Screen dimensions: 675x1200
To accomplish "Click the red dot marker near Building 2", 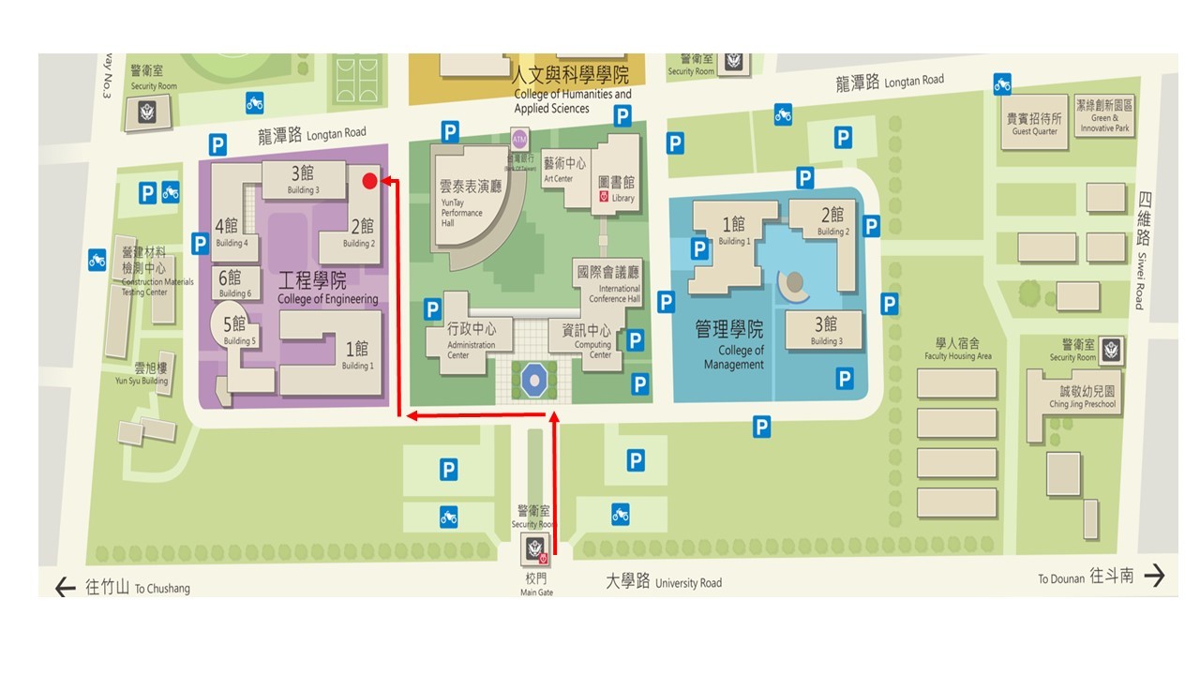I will click(369, 181).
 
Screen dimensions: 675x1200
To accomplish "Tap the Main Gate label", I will click(536, 585).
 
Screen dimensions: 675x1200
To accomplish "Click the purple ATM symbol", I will click(519, 139).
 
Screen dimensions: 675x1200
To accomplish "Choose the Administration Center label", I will click(472, 337).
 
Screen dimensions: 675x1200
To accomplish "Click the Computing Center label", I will click(587, 338).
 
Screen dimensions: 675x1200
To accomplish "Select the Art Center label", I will click(565, 169).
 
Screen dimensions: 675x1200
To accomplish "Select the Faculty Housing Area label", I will click(957, 349).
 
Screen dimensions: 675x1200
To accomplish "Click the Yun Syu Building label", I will click(142, 374).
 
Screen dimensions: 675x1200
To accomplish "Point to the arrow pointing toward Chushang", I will click(65, 588).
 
